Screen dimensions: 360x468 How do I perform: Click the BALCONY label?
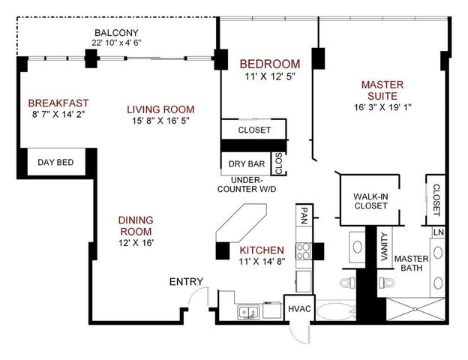(x=116, y=32)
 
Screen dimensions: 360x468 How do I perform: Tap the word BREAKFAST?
(x=58, y=103)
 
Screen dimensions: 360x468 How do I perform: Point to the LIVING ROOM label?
(x=160, y=109)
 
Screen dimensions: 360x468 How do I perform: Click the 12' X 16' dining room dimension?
(x=136, y=243)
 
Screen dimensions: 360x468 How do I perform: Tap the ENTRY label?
(x=186, y=281)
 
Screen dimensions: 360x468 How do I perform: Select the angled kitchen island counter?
(x=238, y=224)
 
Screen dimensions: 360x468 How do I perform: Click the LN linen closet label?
(x=438, y=232)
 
